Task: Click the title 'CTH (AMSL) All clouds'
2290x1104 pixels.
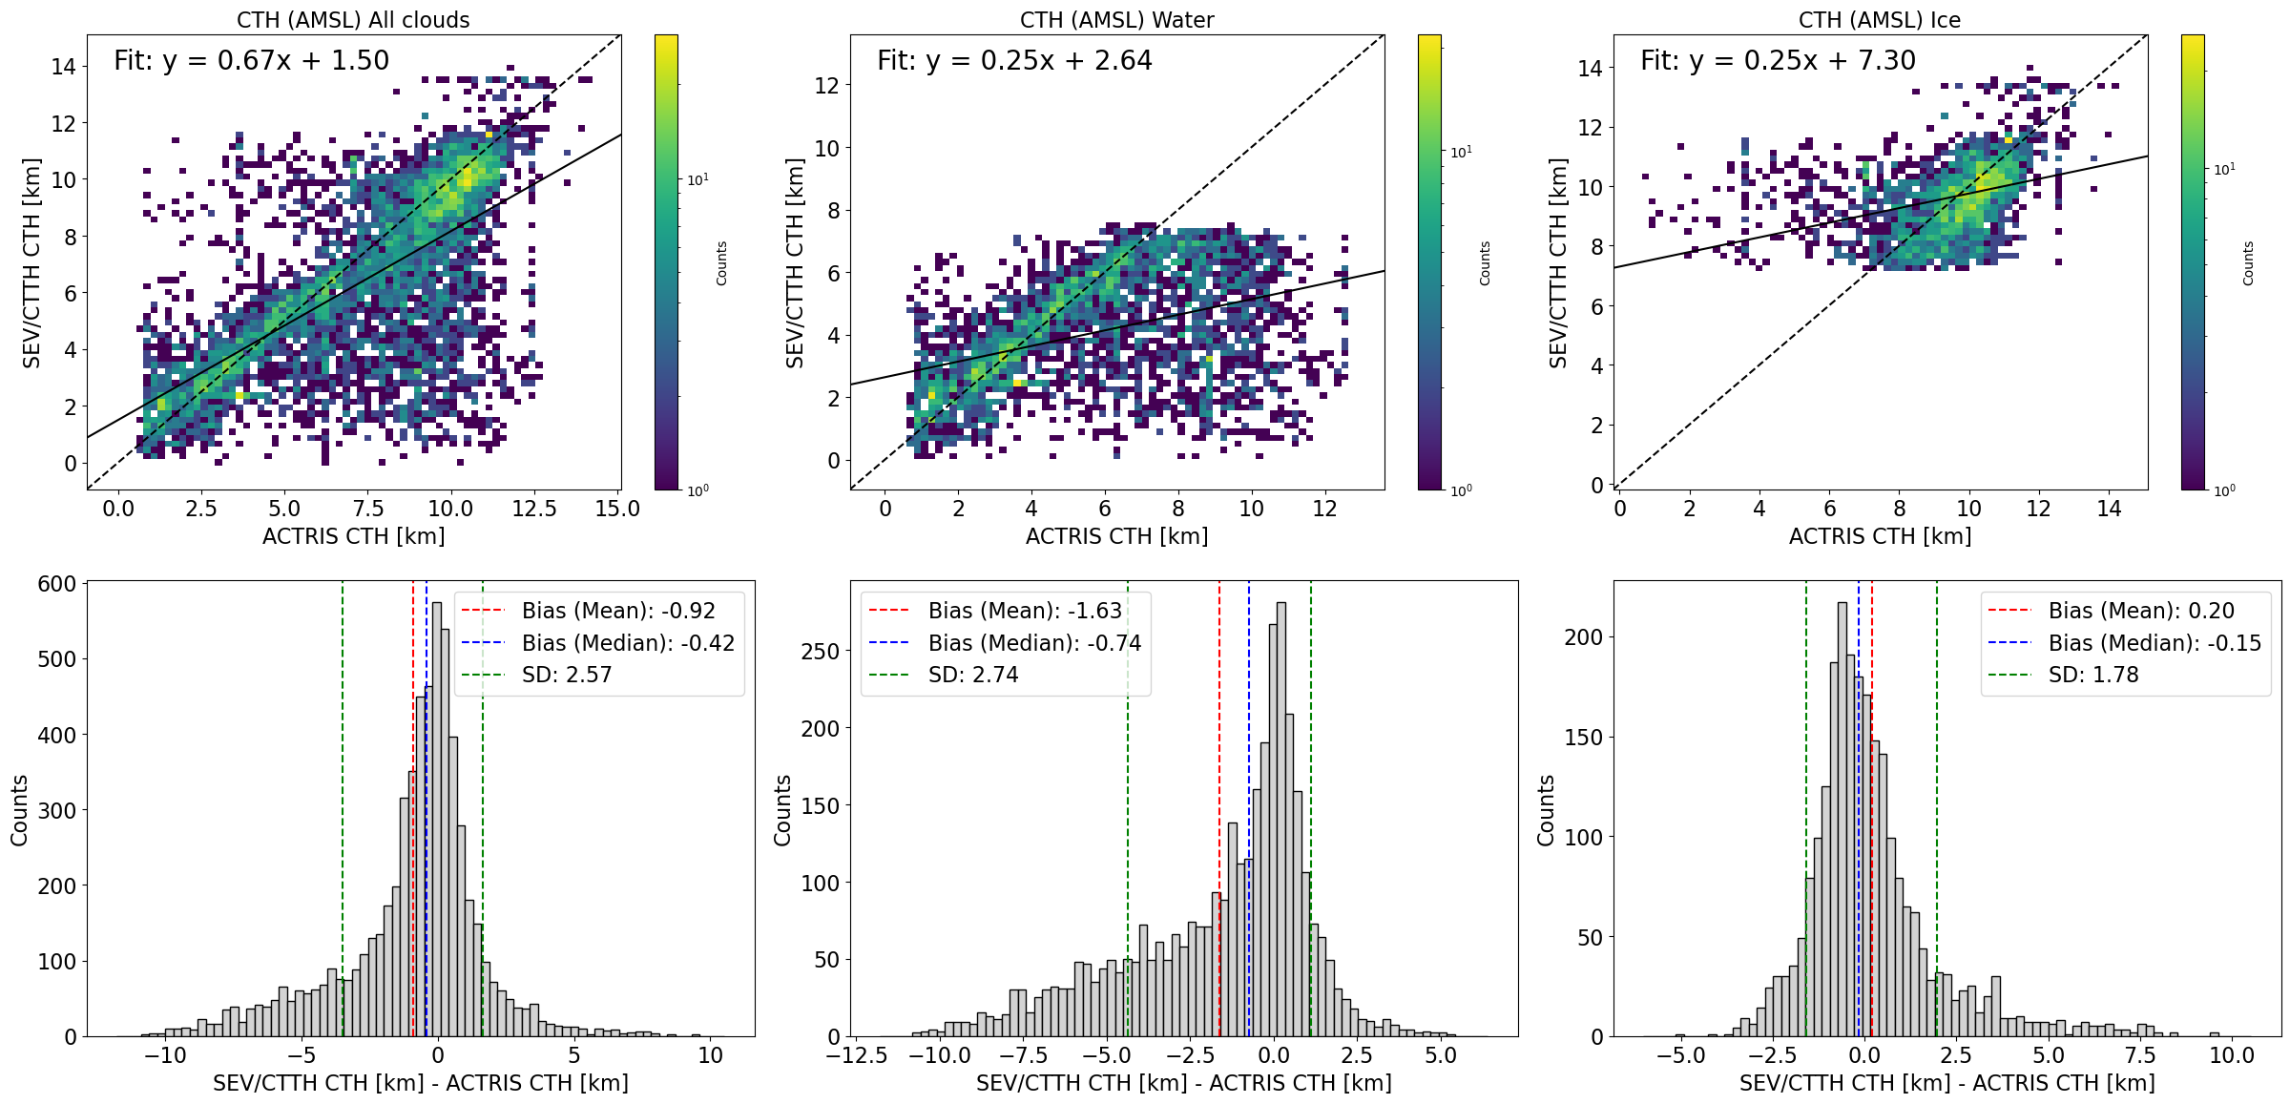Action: point(353,20)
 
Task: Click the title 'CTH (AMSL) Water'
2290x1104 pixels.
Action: point(1116,20)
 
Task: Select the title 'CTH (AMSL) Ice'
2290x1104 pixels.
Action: point(1879,20)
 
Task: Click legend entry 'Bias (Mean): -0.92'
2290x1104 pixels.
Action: point(618,611)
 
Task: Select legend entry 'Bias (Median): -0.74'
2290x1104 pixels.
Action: point(1034,643)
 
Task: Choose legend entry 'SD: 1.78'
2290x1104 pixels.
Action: point(2093,675)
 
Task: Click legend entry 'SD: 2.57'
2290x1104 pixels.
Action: point(567,675)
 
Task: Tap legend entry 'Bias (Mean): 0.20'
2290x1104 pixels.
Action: point(2141,611)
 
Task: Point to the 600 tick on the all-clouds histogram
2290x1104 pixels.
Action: point(57,584)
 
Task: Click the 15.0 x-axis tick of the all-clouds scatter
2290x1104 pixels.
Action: point(617,509)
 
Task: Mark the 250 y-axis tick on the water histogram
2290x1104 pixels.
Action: point(821,652)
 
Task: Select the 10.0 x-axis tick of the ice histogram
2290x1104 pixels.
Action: point(2232,1055)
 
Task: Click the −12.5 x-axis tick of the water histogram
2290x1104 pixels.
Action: point(856,1055)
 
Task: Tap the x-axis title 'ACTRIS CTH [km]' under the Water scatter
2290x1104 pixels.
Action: point(1116,536)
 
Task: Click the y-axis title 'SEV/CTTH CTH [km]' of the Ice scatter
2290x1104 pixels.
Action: point(1558,262)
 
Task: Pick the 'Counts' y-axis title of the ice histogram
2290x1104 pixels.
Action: point(1546,809)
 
